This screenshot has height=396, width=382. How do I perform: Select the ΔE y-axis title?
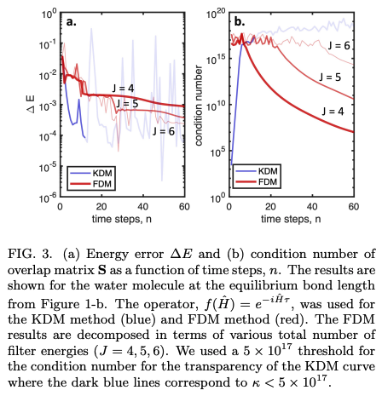coord(15,106)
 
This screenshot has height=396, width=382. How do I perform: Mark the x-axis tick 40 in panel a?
coord(129,207)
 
